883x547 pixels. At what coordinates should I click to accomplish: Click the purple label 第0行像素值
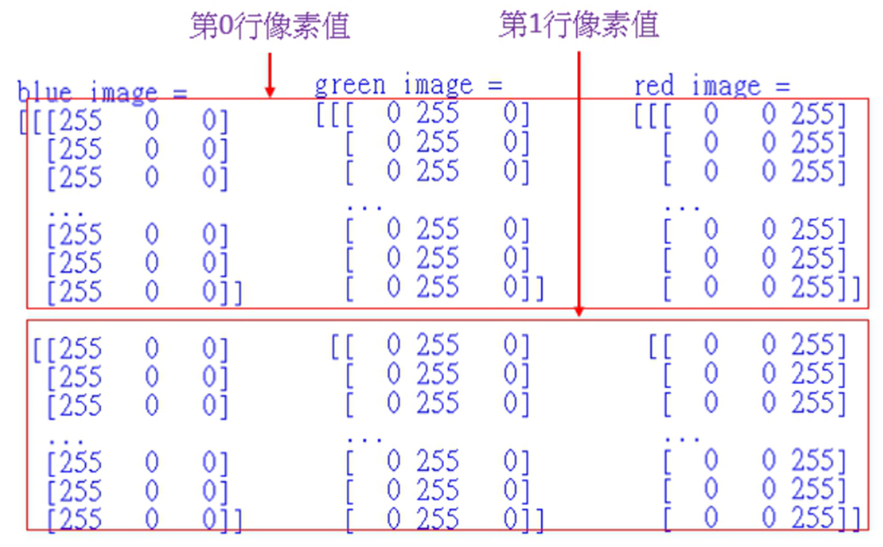click(270, 26)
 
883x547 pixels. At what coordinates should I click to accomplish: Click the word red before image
click(653, 86)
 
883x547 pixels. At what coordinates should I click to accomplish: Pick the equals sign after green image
click(493, 85)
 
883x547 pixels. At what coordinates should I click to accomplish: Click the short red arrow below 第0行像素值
click(270, 75)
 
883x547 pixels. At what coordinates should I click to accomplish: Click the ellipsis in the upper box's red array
click(682, 206)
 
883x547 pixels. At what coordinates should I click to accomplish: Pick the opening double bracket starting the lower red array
click(659, 346)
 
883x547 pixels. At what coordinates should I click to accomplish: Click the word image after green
click(437, 85)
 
